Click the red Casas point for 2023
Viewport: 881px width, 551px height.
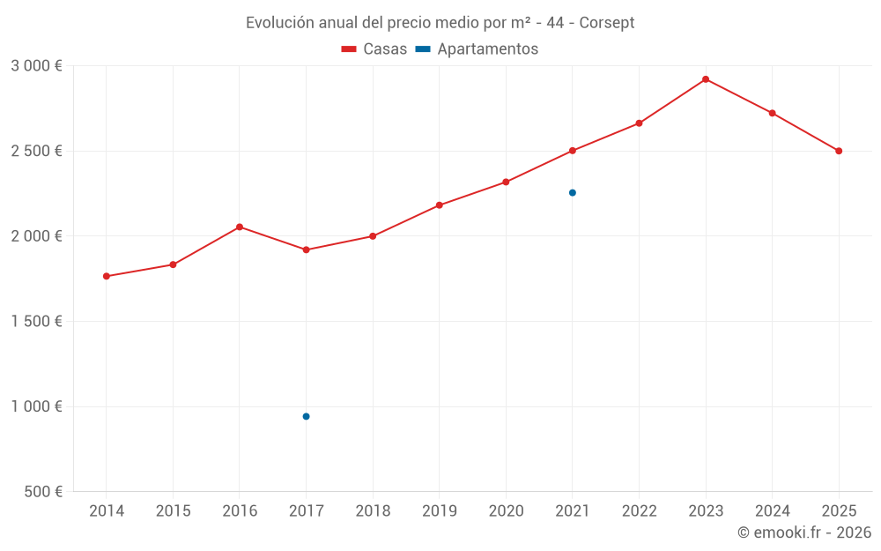tap(706, 79)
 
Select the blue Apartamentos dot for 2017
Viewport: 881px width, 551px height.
tap(306, 416)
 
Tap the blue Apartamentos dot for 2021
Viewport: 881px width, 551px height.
tap(572, 192)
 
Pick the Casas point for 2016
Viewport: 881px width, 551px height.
tap(240, 227)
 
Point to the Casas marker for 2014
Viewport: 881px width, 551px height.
tap(107, 276)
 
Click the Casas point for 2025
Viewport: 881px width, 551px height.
tap(839, 151)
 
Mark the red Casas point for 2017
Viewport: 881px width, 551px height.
tap(306, 249)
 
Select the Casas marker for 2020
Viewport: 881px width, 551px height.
tap(506, 182)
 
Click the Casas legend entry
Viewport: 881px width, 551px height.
tap(374, 49)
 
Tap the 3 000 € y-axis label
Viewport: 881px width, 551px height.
tap(36, 66)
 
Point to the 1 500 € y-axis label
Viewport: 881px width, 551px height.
tap(36, 322)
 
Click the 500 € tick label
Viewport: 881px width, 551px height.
tap(41, 492)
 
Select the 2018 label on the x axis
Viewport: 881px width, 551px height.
tap(373, 511)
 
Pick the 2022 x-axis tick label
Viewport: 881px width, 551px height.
tap(639, 511)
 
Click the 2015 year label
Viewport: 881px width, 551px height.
tap(173, 511)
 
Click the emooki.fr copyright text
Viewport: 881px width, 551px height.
tap(804, 532)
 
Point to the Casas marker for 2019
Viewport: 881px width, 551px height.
tap(439, 205)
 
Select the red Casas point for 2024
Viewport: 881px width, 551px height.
tap(772, 113)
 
